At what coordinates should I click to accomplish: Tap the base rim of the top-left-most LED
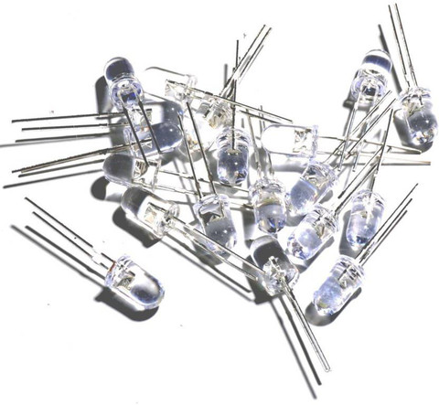(127, 91)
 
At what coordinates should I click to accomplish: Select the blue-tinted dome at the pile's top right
(373, 66)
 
